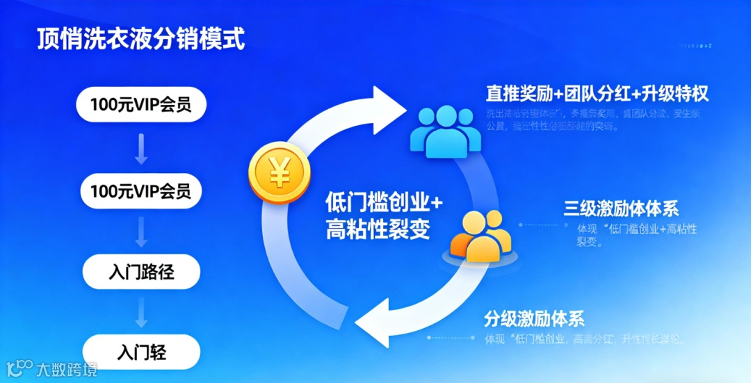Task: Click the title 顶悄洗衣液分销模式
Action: tap(141, 39)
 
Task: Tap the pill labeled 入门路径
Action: tap(141, 272)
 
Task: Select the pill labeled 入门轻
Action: tap(141, 352)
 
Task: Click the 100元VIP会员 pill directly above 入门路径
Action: tap(141, 191)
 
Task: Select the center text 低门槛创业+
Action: tap(384, 202)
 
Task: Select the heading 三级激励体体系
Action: tap(621, 207)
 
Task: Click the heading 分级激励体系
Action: tap(534, 319)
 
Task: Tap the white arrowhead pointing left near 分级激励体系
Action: tap(372, 321)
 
